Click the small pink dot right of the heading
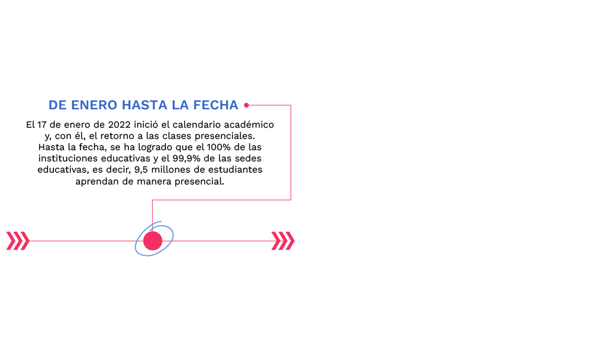pos(247,105)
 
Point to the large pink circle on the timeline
pos(153,241)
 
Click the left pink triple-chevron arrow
pos(17,241)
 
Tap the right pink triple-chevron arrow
pos(283,241)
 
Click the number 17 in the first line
pos(42,125)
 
